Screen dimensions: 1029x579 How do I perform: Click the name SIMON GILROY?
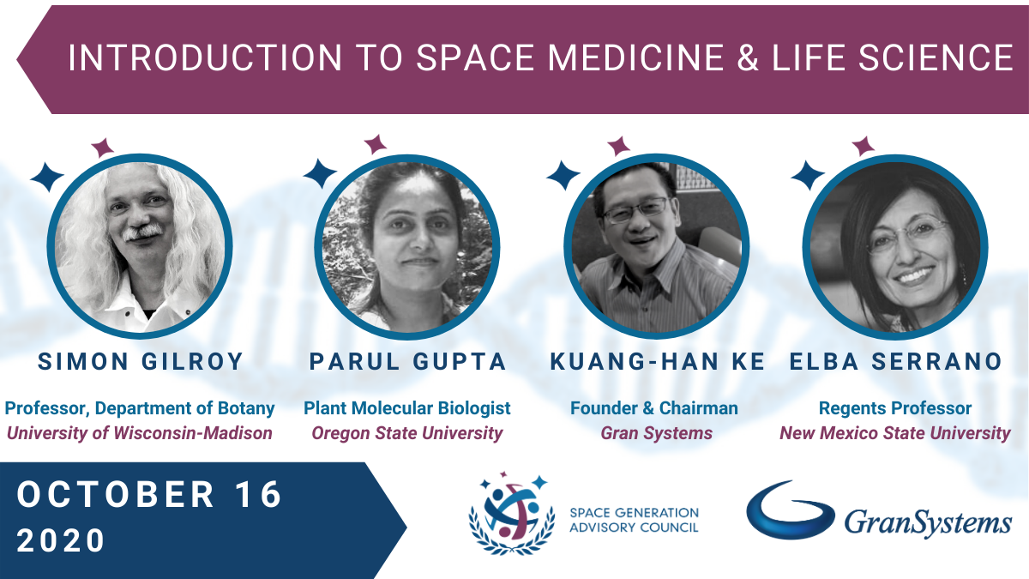(140, 361)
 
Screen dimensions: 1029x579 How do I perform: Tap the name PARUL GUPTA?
(407, 361)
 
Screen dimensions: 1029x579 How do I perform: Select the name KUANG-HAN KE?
(658, 361)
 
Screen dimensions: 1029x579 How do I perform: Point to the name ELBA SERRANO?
(896, 361)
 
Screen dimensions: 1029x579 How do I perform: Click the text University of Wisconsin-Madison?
(140, 433)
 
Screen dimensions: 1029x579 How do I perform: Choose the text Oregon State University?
(407, 433)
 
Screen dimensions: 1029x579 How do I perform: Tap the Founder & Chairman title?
(654, 408)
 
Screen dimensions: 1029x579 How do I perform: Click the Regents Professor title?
(895, 408)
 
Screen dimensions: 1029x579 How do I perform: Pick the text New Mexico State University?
(895, 433)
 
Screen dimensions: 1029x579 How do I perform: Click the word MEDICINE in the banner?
(635, 58)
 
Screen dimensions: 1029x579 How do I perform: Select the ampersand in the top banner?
(748, 58)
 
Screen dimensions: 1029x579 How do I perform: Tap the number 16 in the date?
(260, 494)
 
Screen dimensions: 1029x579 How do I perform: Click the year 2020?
(61, 540)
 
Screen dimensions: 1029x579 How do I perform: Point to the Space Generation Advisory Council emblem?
(511, 513)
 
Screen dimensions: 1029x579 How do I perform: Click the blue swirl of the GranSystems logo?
(790, 510)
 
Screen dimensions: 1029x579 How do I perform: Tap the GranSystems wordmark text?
(928, 523)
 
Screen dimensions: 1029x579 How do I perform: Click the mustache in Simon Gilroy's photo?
(143, 232)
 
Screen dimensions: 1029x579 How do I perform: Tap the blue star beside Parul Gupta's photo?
(320, 173)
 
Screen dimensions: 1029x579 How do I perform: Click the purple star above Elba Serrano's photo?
(864, 147)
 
